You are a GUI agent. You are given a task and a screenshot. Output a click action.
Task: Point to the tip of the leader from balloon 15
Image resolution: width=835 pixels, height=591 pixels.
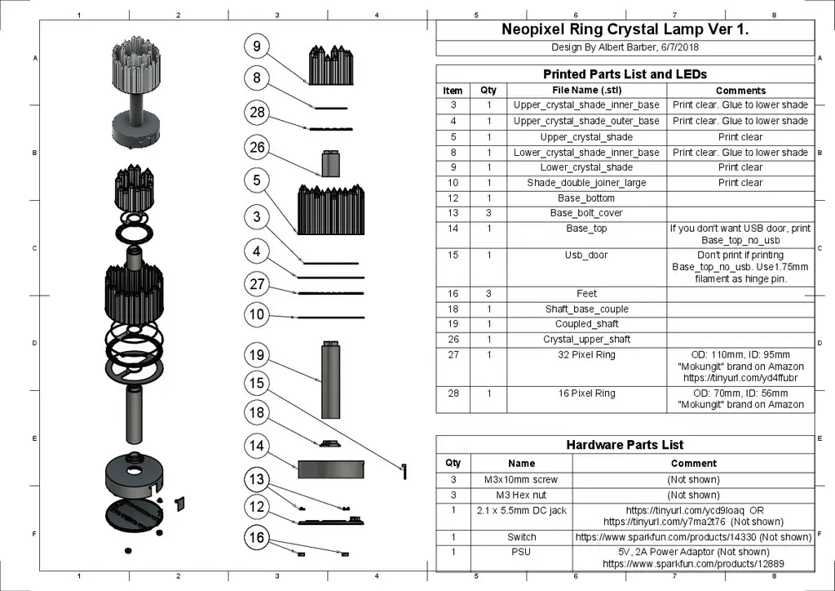[x=403, y=469]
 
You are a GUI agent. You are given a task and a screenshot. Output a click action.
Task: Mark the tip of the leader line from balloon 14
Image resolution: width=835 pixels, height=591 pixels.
[x=298, y=469]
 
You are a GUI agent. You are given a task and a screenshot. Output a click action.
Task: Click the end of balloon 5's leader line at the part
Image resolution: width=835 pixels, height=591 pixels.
[x=298, y=233]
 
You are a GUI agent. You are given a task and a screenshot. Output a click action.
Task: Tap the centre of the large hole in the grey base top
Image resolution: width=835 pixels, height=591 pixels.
[x=134, y=471]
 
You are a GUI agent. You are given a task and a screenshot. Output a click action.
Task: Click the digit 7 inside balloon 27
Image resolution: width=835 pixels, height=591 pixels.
[x=261, y=284]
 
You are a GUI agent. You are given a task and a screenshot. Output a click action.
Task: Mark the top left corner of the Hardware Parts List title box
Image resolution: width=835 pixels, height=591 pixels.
[x=436, y=435]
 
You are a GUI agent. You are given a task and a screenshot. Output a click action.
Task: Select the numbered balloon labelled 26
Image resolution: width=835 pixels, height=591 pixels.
[x=257, y=148]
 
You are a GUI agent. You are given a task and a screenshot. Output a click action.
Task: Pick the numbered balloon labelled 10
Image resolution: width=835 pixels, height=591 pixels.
[x=257, y=314]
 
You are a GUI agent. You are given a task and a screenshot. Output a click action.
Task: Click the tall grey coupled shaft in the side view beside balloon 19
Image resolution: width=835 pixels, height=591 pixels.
[x=331, y=380]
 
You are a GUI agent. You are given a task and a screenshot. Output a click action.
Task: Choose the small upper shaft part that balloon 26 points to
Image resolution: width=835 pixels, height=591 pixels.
[x=331, y=163]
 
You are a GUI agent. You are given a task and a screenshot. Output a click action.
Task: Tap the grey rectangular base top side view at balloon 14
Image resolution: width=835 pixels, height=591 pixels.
[x=331, y=469]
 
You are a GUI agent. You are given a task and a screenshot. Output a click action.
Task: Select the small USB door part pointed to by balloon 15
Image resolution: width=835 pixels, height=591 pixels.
[x=404, y=471]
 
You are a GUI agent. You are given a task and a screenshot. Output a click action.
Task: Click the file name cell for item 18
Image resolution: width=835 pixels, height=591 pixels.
[x=586, y=309]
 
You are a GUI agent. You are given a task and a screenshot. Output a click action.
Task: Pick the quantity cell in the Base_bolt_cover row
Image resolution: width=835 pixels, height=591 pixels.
[x=488, y=213]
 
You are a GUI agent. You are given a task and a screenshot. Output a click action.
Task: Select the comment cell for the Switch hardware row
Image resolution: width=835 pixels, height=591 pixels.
[x=693, y=536]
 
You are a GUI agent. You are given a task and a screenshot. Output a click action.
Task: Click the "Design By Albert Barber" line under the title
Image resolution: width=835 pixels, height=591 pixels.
[x=625, y=47]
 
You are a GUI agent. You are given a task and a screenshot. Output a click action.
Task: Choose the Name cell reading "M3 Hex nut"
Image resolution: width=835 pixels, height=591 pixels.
[x=521, y=495]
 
